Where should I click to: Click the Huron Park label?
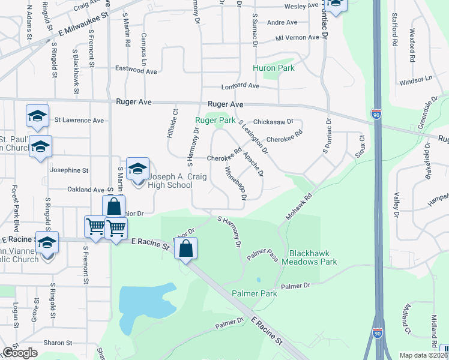click(x=273, y=68)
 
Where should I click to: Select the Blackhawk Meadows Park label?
click(x=313, y=257)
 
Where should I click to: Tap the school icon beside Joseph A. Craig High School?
click(x=137, y=169)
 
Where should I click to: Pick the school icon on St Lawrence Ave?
click(x=37, y=116)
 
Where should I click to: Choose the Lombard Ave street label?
click(x=240, y=86)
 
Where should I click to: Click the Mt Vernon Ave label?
click(x=297, y=37)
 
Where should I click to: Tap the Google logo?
click(x=20, y=353)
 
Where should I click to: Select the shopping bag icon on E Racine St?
click(x=186, y=247)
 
